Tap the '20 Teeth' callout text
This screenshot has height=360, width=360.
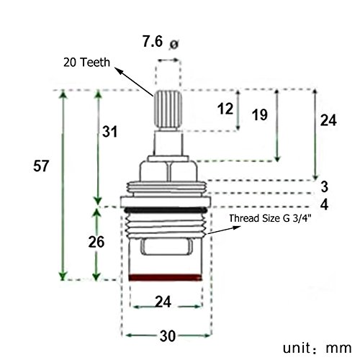click(x=86, y=62)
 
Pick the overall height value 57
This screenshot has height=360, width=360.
click(x=40, y=166)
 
